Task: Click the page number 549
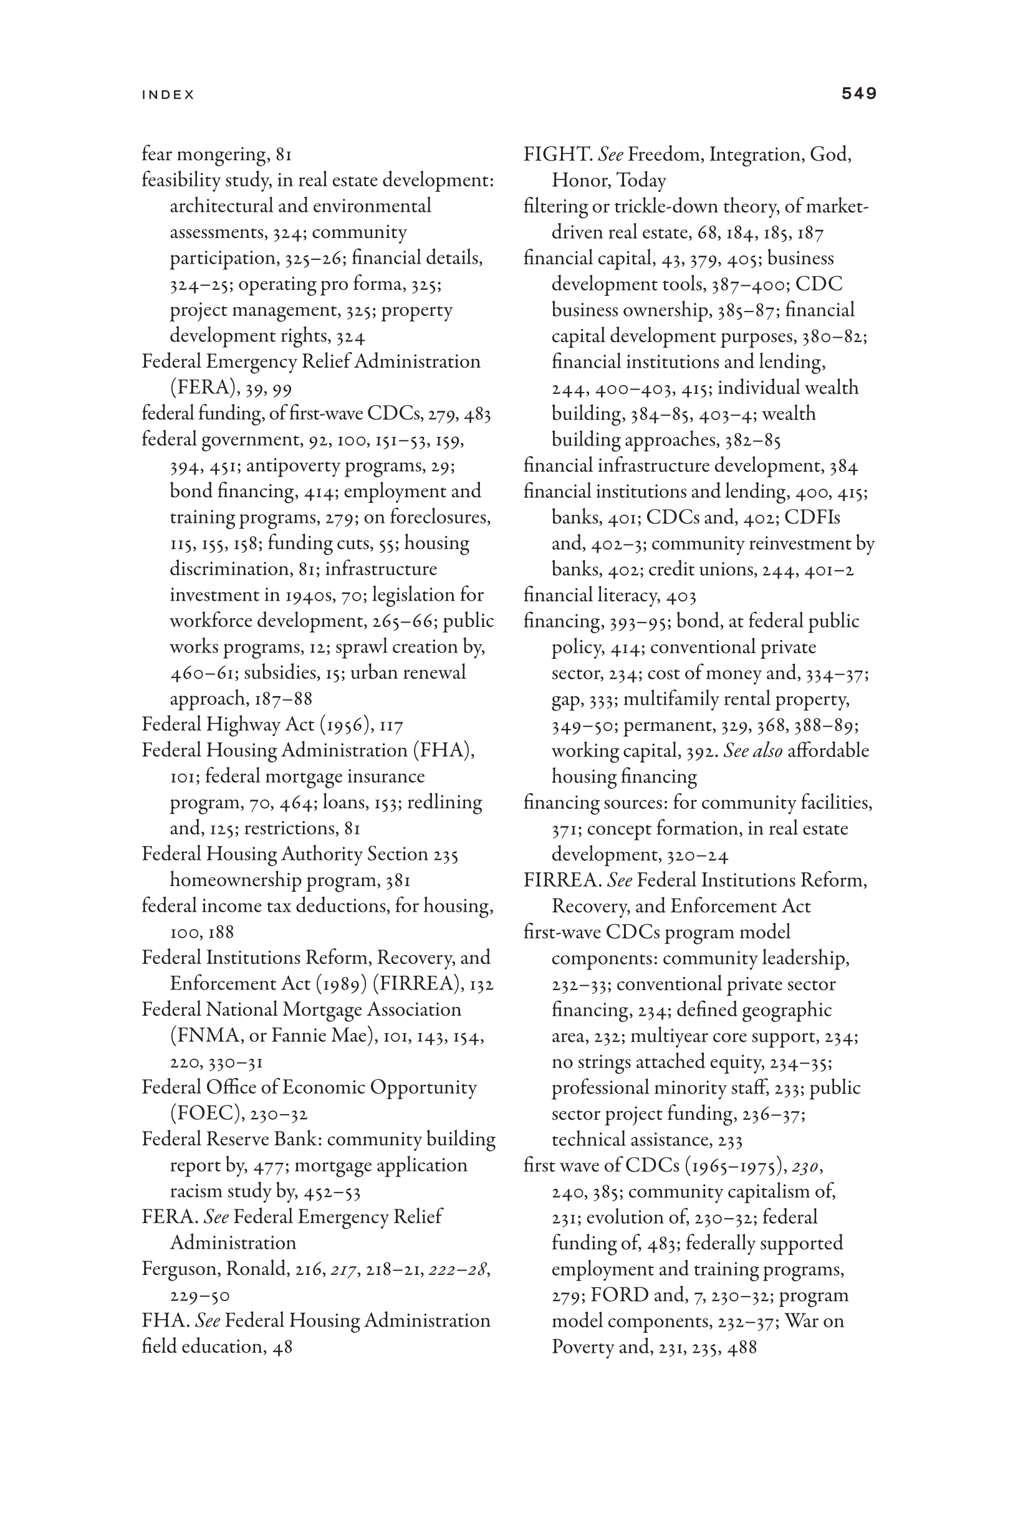(858, 93)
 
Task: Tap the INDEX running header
(168, 95)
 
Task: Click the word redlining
(450, 802)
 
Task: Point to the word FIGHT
(557, 155)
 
